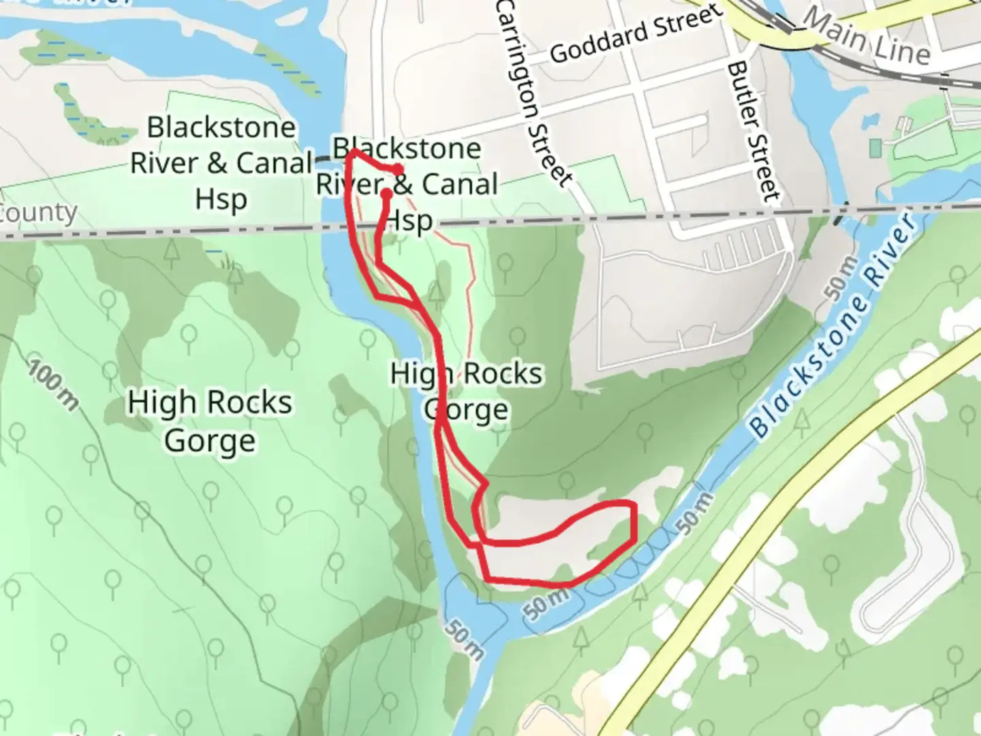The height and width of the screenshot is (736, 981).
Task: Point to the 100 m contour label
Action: click(53, 385)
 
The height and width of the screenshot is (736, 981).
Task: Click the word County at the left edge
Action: click(37, 213)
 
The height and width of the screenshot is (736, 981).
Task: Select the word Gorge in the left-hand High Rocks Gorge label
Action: click(210, 441)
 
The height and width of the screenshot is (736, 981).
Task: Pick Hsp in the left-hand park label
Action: click(221, 200)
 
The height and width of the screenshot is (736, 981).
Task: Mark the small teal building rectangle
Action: click(875, 147)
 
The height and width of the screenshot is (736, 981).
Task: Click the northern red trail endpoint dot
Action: click(398, 170)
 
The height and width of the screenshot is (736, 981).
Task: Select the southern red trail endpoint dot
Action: click(386, 194)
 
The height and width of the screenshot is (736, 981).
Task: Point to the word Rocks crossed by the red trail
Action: click(503, 374)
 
